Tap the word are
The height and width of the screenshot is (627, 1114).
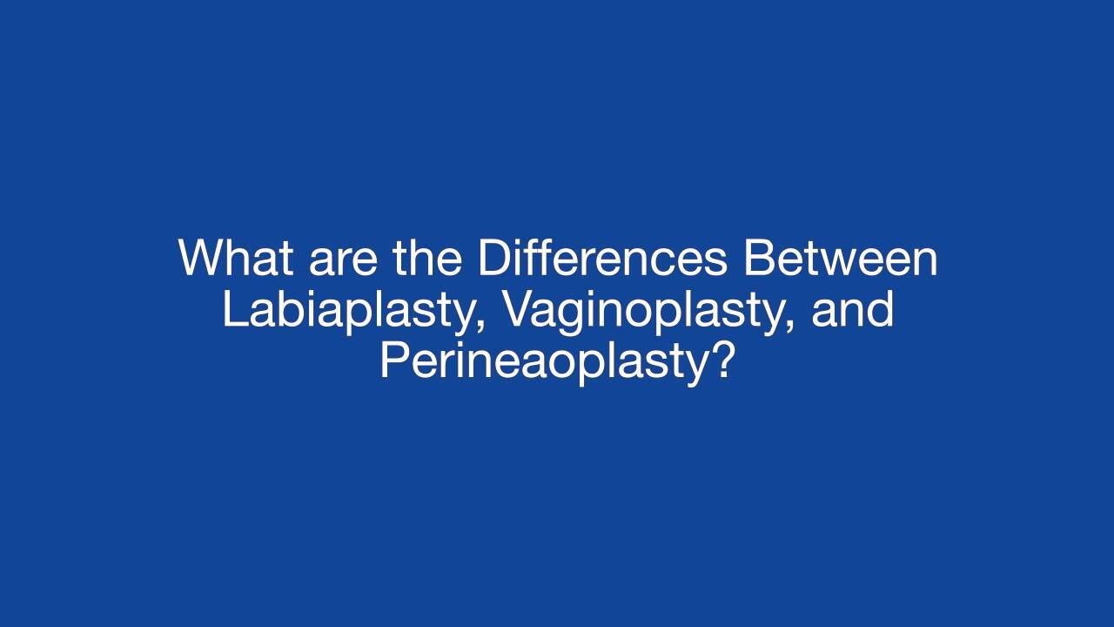point(343,263)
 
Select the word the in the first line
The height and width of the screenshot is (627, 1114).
point(427,258)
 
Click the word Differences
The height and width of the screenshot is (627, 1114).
point(603,258)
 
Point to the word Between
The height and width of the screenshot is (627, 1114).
point(841,258)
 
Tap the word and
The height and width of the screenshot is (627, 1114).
point(852,309)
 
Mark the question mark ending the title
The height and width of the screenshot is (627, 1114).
point(721,361)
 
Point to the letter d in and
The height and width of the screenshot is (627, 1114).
point(882,309)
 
